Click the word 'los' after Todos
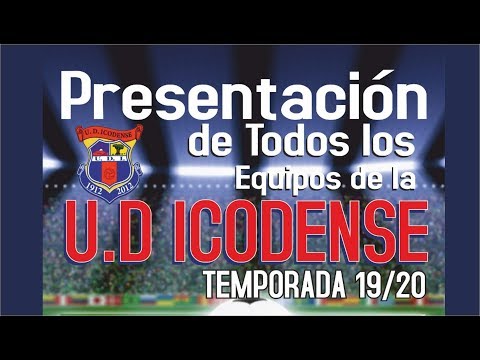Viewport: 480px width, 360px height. [x=390, y=142]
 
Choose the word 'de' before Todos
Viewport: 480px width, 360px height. [x=207, y=143]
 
